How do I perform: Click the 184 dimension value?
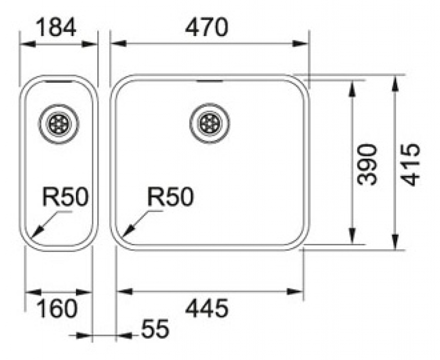pyautogui.click(x=56, y=27)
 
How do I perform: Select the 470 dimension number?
pyautogui.click(x=206, y=27)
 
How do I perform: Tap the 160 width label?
pyautogui.click(x=57, y=309)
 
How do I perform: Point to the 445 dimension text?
pyautogui.click(x=207, y=308)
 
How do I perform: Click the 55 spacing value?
pyautogui.click(x=155, y=328)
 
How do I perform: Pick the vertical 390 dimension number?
pyautogui.click(x=367, y=165)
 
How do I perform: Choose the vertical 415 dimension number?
pyautogui.click(x=410, y=165)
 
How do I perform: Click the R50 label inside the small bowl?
pyautogui.click(x=65, y=197)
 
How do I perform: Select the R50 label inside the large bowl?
pyautogui.click(x=170, y=197)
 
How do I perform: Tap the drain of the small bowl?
pyautogui.click(x=59, y=124)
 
